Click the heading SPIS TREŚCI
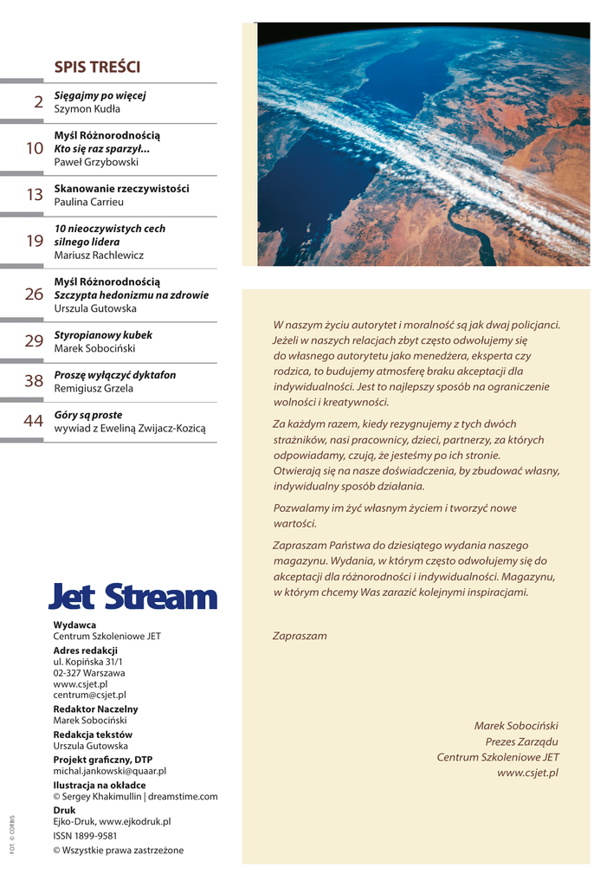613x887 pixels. pos(97,68)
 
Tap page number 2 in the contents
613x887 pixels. pos(38,102)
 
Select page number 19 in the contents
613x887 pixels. pos(35,242)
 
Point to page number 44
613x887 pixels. pos(34,422)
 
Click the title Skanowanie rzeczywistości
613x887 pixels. pos(121,188)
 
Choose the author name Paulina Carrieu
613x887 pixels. pos(88,202)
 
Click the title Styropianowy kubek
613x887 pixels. pos(103,334)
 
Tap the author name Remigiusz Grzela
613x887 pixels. pos(94,389)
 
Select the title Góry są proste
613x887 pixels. pos(88,415)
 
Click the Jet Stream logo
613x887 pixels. pos(132,596)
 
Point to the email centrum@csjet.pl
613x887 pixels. pos(89,695)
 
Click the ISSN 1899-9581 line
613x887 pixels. pos(85,836)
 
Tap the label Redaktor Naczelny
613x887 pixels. pos(95,709)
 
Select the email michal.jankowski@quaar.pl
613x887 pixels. pos(109,770)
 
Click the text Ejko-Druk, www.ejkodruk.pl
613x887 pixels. pos(112,821)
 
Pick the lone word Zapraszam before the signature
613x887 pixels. pos(300,636)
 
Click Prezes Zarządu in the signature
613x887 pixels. pos(521,741)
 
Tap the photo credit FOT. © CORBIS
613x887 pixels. pos(13,833)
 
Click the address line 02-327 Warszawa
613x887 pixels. pos(88,672)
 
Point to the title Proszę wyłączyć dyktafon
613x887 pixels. pos(115,375)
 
